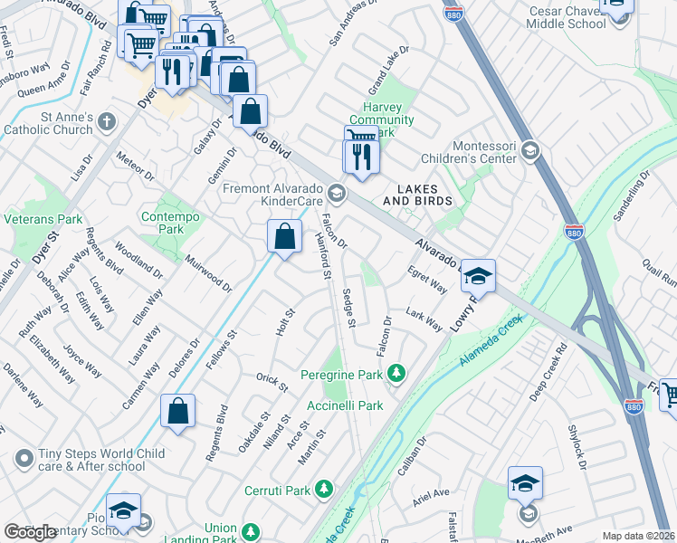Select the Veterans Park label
[x=43, y=219]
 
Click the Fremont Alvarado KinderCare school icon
[x=337, y=192]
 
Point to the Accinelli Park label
[x=345, y=406]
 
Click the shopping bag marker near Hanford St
[x=284, y=237]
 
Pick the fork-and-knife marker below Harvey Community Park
[x=361, y=157]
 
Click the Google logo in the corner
[x=30, y=532]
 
